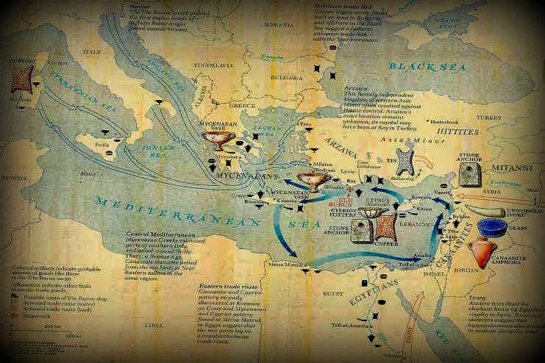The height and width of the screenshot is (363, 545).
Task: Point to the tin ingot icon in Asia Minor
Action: pyautogui.click(x=402, y=161)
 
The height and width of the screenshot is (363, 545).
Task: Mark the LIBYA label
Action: pyautogui.click(x=135, y=324)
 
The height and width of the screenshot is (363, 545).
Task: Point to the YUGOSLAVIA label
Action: pyautogui.click(x=202, y=63)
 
